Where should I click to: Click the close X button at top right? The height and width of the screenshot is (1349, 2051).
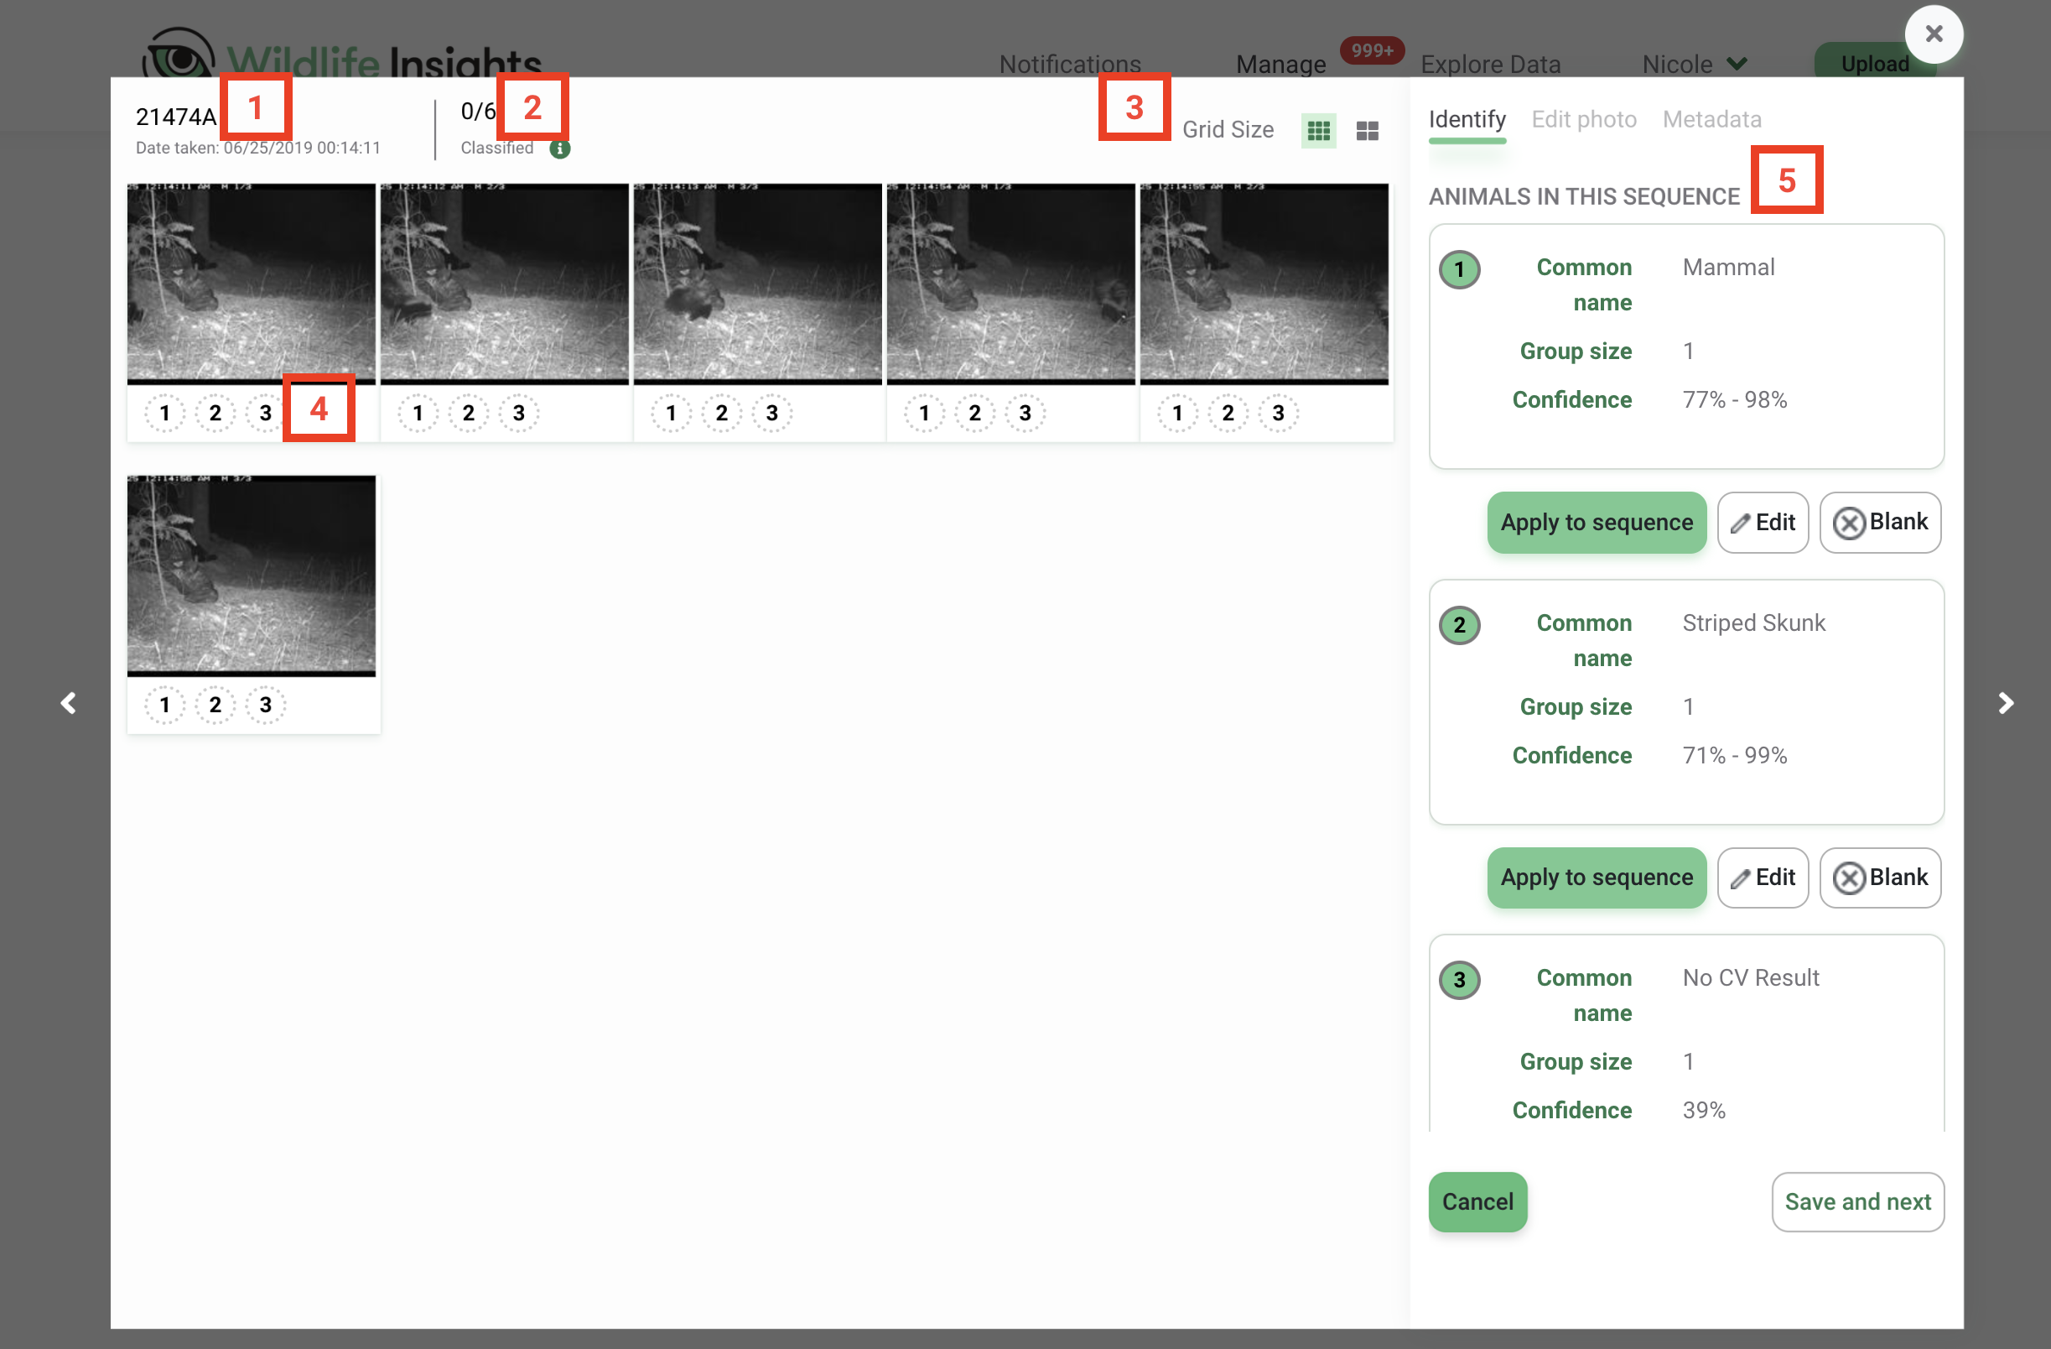coord(1933,34)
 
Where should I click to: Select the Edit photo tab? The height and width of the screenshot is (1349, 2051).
coord(1583,119)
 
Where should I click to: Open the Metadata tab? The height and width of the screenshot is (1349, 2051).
coord(1711,119)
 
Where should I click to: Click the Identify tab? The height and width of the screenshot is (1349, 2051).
coord(1467,119)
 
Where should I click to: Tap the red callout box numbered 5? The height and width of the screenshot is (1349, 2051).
coord(1785,180)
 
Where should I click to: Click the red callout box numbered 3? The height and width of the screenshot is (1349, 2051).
coord(1133,107)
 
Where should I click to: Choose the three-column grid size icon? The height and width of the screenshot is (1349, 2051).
coord(1317,131)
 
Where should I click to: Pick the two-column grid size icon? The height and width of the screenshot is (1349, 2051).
coord(1367,131)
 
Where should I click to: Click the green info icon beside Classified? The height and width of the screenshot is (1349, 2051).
coord(559,148)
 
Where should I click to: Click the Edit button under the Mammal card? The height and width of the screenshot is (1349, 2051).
coord(1763,523)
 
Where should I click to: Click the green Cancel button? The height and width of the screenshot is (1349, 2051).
coord(1477,1201)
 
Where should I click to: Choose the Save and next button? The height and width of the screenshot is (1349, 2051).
coord(1857,1201)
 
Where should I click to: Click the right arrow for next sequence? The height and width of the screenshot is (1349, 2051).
coord(2006,703)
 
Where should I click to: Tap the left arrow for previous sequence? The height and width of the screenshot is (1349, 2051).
coord(69,703)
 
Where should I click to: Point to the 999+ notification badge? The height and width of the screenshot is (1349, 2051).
coord(1371,50)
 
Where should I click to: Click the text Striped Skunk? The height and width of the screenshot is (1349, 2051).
coord(1752,622)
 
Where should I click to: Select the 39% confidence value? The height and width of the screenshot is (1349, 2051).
coord(1703,1110)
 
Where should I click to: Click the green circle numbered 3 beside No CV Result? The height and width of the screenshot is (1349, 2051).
coord(1459,980)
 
